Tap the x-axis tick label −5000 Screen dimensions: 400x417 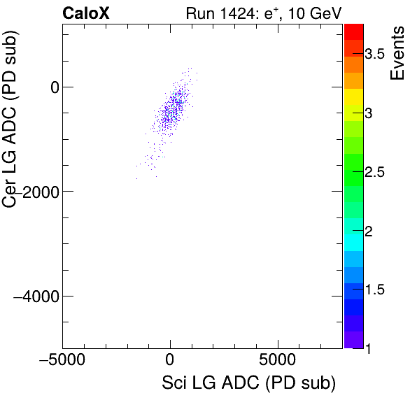tap(62, 363)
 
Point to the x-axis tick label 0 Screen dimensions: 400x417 tap(170, 363)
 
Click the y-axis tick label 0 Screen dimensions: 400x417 tap(51, 87)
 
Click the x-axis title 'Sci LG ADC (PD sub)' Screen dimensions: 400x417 tap(248, 384)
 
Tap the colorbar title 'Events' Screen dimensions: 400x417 tap(398, 53)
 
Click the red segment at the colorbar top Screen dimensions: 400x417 tap(353, 31)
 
